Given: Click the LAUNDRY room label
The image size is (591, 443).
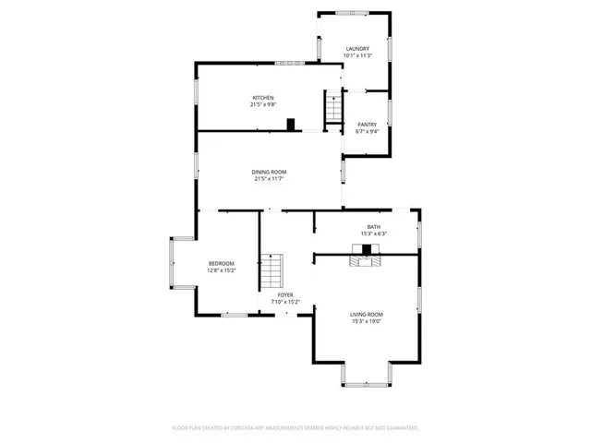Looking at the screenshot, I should click(x=357, y=49).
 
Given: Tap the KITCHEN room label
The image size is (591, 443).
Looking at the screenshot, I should click(x=263, y=98).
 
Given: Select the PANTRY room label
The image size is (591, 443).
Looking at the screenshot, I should click(x=368, y=125).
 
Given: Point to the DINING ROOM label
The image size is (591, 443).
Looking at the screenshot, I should click(x=270, y=172).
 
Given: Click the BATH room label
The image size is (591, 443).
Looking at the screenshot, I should click(x=373, y=227).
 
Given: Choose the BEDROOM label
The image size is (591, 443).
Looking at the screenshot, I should click(x=221, y=264).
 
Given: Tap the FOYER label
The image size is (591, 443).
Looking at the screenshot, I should click(x=285, y=295).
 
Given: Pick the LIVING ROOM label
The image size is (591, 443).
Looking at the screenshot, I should click(x=367, y=315).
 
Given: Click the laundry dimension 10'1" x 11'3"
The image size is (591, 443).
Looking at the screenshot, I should click(x=357, y=56).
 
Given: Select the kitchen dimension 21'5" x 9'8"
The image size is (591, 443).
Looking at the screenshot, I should click(x=263, y=105).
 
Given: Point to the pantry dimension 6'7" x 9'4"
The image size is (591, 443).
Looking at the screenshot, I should click(x=368, y=132).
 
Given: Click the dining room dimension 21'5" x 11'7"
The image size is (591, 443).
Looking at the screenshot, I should click(x=270, y=179).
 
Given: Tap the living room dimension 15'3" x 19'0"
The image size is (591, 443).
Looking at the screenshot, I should click(x=367, y=322).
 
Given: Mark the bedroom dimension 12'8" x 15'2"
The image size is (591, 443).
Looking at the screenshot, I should click(x=221, y=271).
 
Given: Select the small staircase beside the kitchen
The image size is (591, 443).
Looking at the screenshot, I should click(x=332, y=107).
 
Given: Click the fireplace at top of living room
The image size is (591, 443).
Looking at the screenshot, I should click(x=366, y=260).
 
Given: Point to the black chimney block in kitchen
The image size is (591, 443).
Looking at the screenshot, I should click(x=291, y=124).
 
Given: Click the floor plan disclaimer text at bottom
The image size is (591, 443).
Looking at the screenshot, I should click(x=295, y=428).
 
